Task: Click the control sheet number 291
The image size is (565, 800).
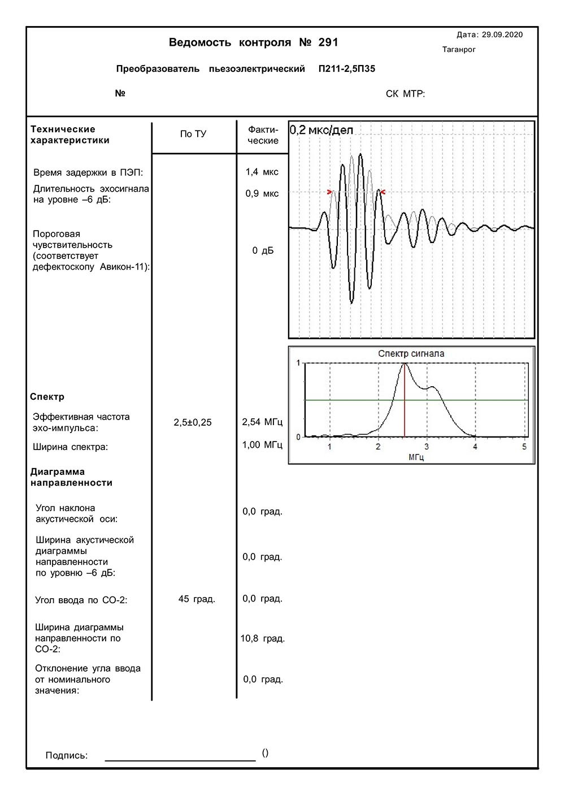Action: point(328,43)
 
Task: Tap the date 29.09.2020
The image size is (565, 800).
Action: point(502,34)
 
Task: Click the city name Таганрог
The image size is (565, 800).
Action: point(459,50)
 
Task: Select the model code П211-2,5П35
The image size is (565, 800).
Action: point(346,69)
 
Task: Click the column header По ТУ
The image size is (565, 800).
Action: point(193,134)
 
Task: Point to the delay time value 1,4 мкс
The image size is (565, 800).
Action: point(262,172)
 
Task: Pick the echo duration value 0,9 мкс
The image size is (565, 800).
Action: point(262,193)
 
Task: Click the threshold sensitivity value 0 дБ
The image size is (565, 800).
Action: point(263,250)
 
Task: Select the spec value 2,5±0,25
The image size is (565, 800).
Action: point(193,422)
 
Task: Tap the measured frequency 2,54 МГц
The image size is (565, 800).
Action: point(262,422)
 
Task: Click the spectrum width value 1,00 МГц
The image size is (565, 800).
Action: point(262,445)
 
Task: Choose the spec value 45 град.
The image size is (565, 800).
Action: point(197,599)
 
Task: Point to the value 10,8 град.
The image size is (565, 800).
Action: point(263,638)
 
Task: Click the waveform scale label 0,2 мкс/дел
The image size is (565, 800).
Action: point(321,131)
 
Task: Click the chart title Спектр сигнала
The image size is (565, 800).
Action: point(411,354)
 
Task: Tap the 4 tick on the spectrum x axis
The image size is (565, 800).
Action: point(475,447)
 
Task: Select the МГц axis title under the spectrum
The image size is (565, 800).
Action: point(416,457)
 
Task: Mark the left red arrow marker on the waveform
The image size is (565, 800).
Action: point(330,192)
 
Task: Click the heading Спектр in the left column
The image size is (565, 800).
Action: point(47,397)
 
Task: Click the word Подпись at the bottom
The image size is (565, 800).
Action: point(66,755)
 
